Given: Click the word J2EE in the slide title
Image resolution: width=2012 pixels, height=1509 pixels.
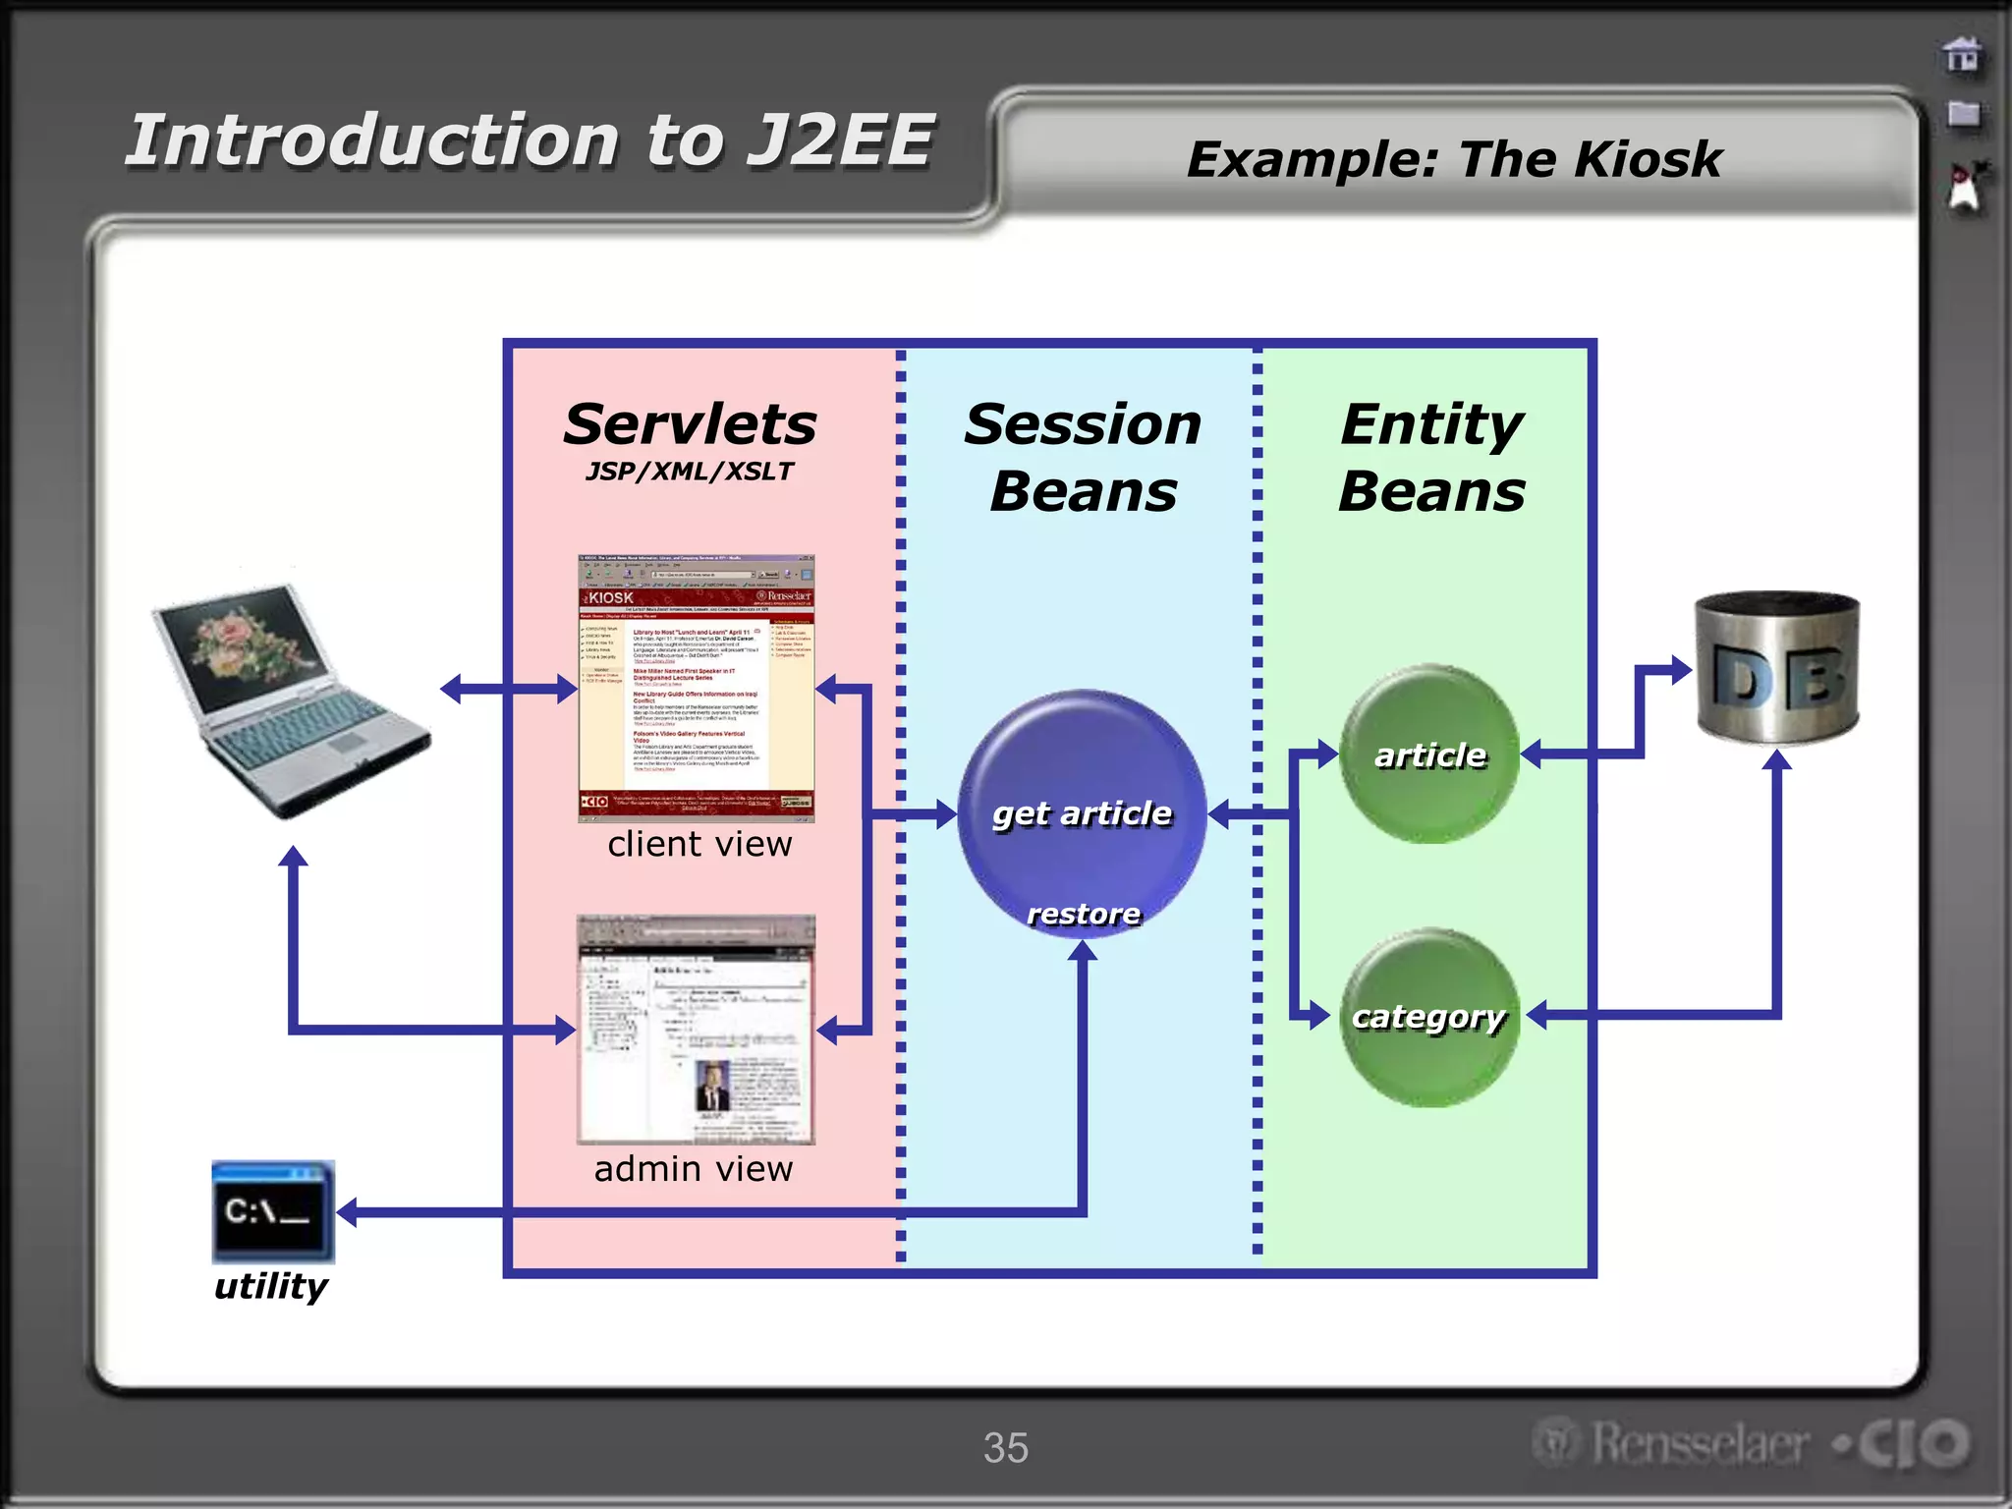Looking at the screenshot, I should [x=840, y=140].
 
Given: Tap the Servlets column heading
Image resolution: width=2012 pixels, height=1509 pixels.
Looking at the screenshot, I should [x=690, y=424].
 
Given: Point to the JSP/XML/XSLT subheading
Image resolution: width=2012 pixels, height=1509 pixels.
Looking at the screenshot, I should [x=690, y=472].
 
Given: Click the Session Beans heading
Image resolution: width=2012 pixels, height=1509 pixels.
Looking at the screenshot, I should [x=1083, y=457].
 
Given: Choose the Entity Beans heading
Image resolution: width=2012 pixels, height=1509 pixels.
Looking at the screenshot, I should [x=1431, y=457].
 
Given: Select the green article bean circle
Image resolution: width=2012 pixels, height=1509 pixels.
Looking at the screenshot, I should [x=1429, y=754].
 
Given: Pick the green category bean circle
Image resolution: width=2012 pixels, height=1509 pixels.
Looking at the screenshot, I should [x=1429, y=1017].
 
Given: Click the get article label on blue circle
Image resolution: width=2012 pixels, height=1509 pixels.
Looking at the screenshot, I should [x=1082, y=813].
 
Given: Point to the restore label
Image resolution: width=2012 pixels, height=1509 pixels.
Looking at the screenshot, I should [x=1083, y=915].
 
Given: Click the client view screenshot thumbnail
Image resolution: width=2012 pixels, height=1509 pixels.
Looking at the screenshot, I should [x=696, y=688].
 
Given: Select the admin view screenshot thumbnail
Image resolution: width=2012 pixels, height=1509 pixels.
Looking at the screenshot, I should [x=696, y=1030].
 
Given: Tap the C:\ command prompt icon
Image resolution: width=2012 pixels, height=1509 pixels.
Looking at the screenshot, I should [x=272, y=1211].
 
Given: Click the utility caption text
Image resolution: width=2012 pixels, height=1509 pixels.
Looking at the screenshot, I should [x=271, y=1286].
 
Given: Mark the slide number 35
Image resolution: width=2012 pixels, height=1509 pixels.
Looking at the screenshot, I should [x=1006, y=1448].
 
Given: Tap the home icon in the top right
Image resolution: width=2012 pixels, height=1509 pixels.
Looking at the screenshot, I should [x=1962, y=55].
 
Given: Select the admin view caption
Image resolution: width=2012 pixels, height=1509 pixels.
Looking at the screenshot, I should [x=694, y=1169].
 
